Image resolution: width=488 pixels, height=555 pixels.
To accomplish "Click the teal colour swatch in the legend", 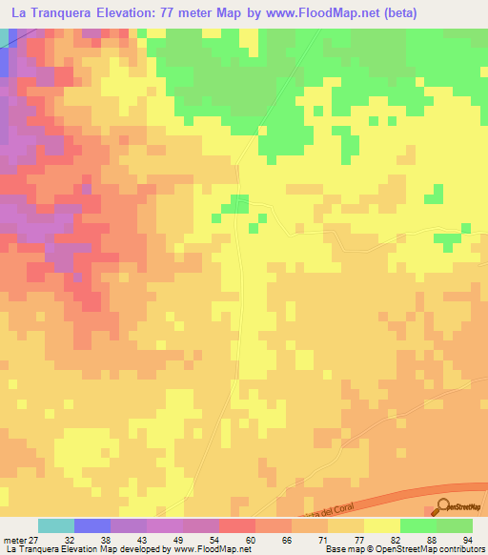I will click(56, 525).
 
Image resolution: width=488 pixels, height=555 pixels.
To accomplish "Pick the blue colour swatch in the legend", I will click(92, 525).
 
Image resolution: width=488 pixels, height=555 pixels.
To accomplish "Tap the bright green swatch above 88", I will click(418, 525).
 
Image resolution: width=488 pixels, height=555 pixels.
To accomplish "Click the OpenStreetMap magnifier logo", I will click(444, 506).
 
